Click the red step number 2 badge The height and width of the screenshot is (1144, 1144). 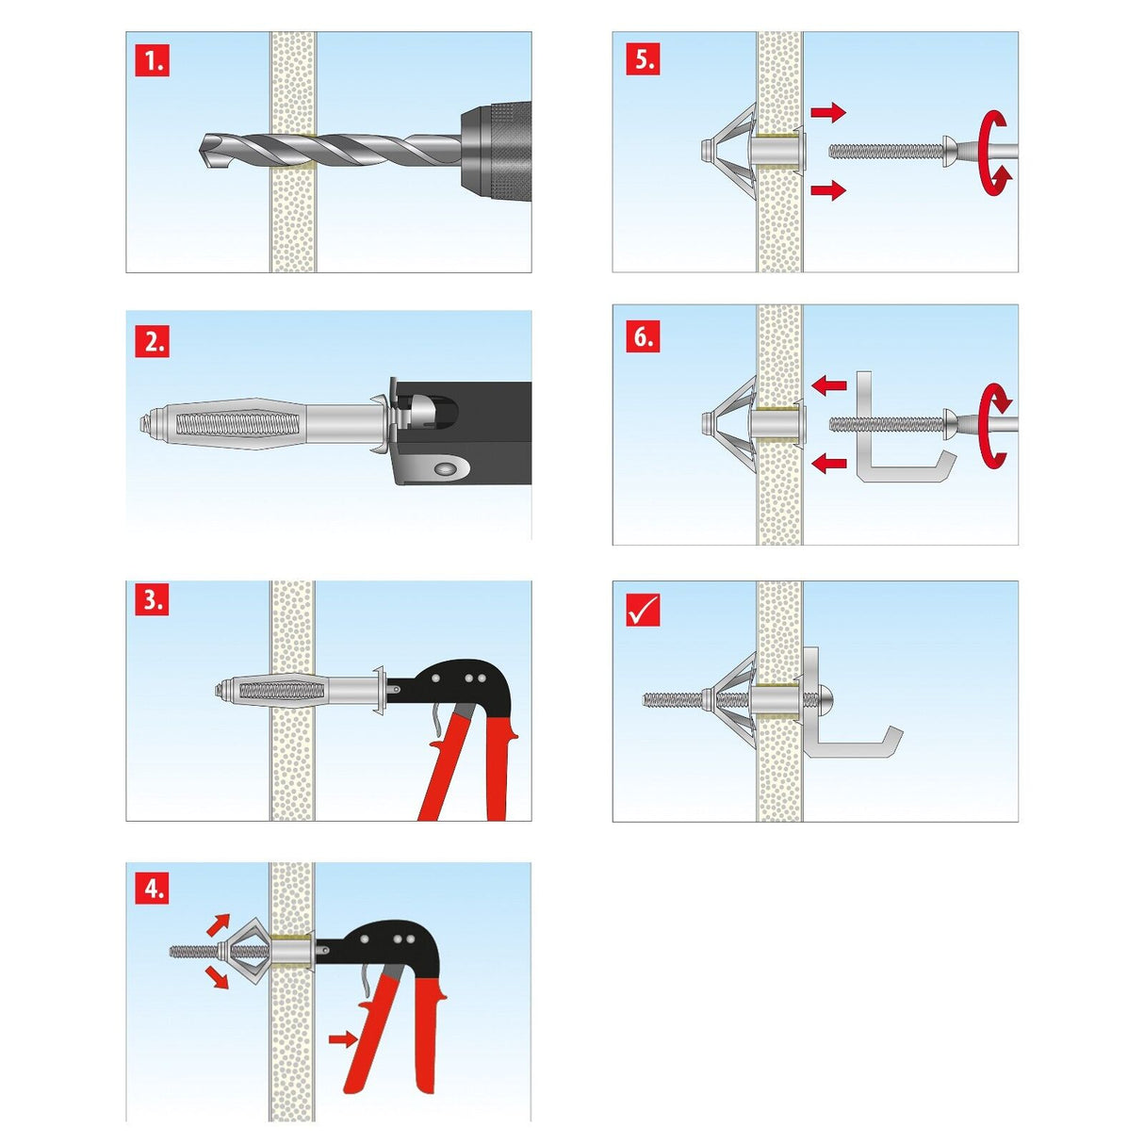click(x=153, y=340)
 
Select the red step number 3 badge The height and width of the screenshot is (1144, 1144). click(x=153, y=599)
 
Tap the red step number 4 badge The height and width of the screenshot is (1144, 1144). click(x=153, y=888)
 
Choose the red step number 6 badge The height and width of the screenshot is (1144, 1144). click(x=643, y=336)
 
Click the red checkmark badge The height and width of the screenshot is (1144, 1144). click(x=643, y=611)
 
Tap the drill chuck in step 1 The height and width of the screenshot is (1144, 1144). click(x=495, y=151)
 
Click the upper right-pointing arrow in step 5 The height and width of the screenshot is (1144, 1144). click(x=828, y=113)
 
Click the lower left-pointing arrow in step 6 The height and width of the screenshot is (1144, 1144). click(x=828, y=463)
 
